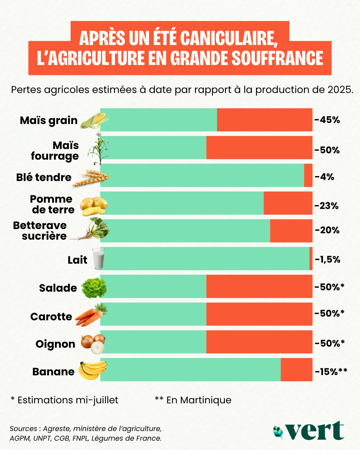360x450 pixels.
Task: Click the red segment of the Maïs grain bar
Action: [x=265, y=120]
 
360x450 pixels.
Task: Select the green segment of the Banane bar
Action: [x=190, y=369]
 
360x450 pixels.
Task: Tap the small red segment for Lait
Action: [x=311, y=258]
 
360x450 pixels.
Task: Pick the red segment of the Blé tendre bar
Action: [x=308, y=175]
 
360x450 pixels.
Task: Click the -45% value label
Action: [x=327, y=120]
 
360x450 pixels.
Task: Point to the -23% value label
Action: [x=327, y=206]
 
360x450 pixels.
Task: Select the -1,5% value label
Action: [x=328, y=260]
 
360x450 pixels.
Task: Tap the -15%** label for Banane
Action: [x=331, y=372]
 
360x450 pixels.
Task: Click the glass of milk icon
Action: [x=98, y=259]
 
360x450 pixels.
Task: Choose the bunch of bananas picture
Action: [x=93, y=370]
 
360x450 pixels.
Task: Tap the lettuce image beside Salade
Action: [x=94, y=288]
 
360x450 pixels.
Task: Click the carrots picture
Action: [x=91, y=315]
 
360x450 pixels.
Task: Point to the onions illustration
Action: [x=93, y=344]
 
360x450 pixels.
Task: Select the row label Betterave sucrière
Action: [x=40, y=231]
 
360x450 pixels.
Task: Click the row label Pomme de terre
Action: [x=52, y=204]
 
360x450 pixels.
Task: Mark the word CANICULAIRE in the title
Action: [x=229, y=38]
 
